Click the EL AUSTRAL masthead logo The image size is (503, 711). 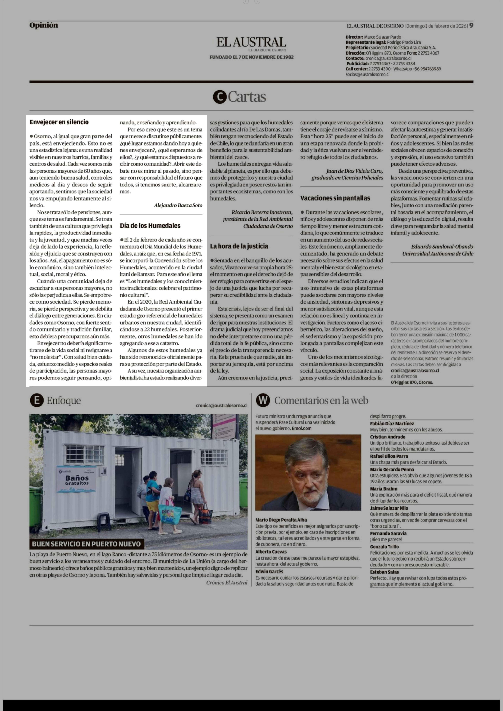point(251,42)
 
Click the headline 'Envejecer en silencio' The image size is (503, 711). point(59,122)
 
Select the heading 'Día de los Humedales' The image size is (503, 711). point(150,225)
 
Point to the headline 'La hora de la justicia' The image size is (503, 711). point(239,246)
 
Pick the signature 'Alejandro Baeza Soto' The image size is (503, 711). point(178,205)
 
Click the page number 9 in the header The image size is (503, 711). point(471,26)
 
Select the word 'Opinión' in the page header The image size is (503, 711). point(44,25)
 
